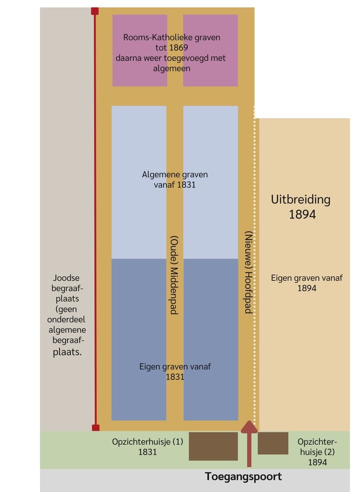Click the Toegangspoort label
(x=243, y=477)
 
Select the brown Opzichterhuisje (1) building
(x=213, y=446)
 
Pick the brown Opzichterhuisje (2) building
(x=273, y=443)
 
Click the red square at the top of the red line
(x=95, y=11)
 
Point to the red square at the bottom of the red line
(x=95, y=427)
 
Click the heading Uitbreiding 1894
(x=300, y=206)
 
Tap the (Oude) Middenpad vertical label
(x=174, y=274)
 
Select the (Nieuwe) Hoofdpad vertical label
(x=248, y=272)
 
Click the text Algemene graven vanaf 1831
(x=175, y=180)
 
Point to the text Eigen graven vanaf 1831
(x=175, y=371)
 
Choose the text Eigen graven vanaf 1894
(x=307, y=283)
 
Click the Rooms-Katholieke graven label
(x=172, y=37)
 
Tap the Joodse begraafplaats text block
(x=66, y=315)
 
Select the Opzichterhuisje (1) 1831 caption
(x=148, y=447)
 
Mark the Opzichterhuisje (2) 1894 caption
(x=317, y=452)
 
